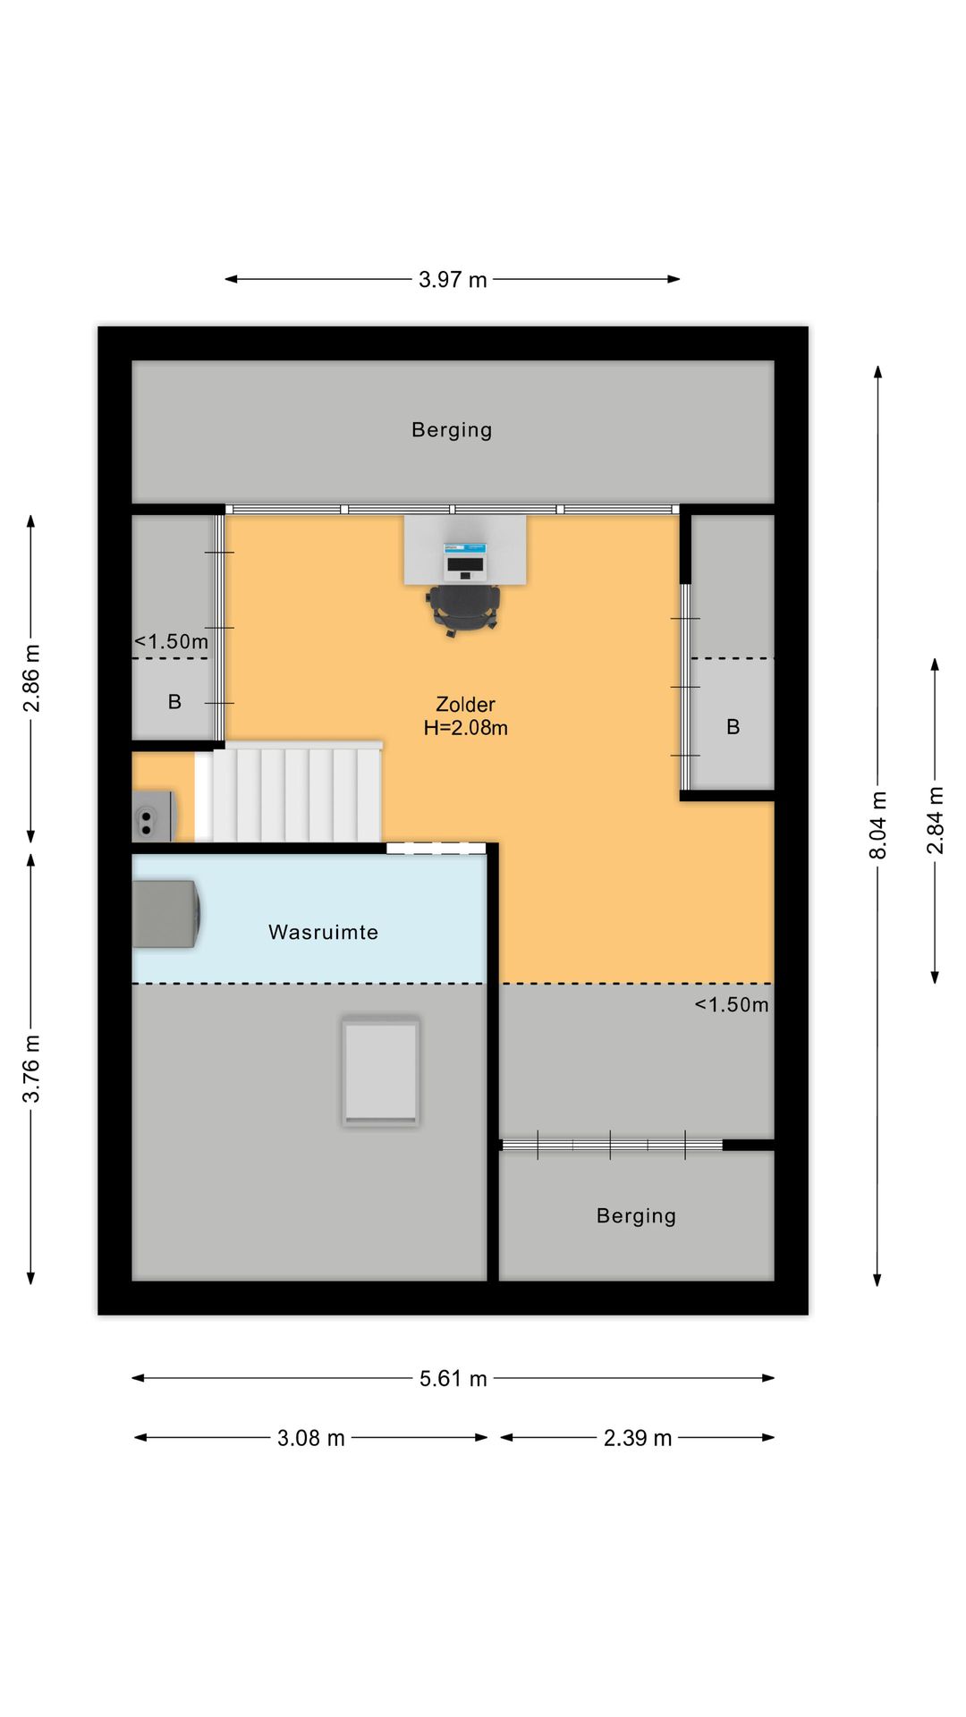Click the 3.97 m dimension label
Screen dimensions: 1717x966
click(453, 280)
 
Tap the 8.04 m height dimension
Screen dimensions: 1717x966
click(878, 825)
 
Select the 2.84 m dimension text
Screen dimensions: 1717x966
click(935, 820)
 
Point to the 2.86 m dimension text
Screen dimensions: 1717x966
click(31, 678)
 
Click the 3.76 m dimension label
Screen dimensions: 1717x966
click(31, 1069)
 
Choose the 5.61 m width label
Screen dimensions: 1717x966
click(453, 1379)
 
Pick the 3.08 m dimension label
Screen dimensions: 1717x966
click(310, 1438)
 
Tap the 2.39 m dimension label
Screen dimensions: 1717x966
click(637, 1438)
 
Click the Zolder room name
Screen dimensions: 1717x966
click(465, 705)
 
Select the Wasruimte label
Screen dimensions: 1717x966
click(323, 932)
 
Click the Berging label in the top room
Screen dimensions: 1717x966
click(452, 430)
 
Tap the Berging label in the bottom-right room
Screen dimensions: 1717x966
click(636, 1216)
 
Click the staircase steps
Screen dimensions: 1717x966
click(295, 794)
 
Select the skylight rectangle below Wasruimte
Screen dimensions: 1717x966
click(381, 1071)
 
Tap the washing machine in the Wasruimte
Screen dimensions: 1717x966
click(165, 913)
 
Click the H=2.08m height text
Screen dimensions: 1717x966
click(465, 728)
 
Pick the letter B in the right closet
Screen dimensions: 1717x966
click(733, 727)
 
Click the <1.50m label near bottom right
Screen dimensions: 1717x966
click(732, 1005)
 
